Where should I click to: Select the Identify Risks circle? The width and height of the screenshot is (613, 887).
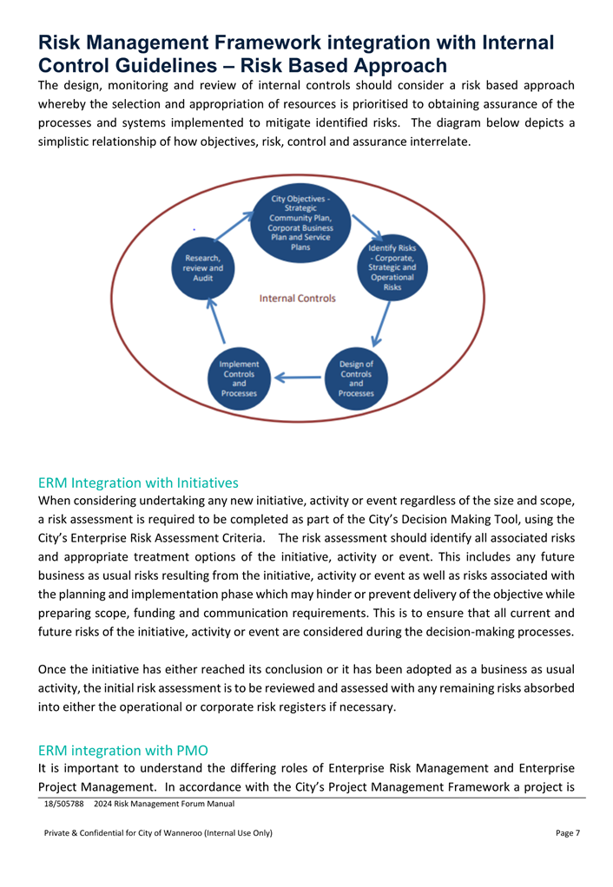tap(392, 268)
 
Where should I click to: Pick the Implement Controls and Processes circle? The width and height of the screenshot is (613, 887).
tap(239, 378)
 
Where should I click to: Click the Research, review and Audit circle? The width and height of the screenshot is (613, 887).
tap(203, 268)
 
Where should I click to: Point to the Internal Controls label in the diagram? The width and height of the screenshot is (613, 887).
tap(298, 298)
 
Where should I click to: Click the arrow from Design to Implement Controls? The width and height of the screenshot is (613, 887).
tap(298, 378)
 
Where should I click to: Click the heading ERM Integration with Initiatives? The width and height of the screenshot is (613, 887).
tap(138, 482)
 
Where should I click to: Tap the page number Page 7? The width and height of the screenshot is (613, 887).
tap(567, 833)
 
